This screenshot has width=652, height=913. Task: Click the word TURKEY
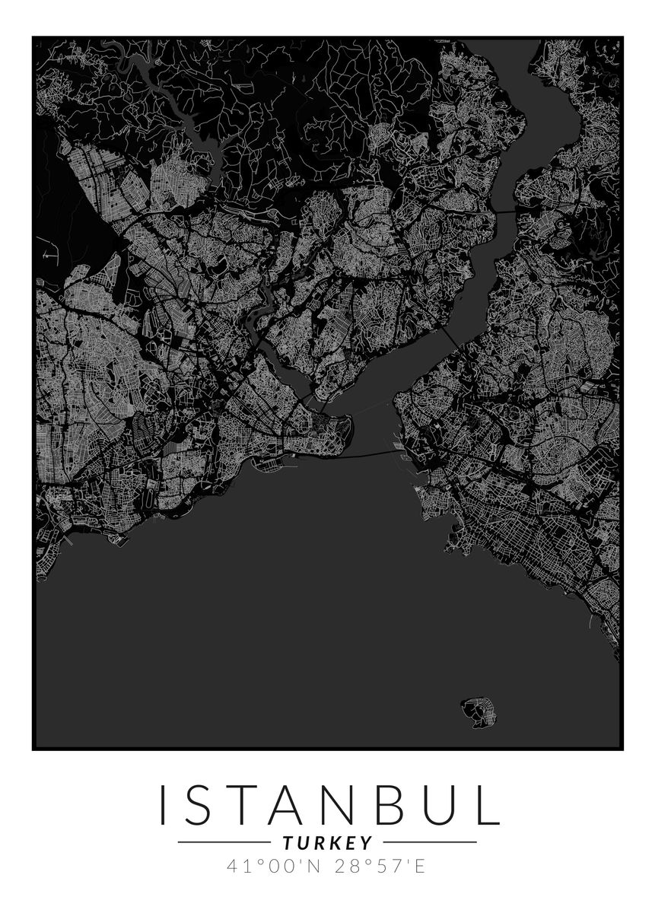(327, 843)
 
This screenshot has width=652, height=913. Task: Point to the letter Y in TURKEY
(367, 843)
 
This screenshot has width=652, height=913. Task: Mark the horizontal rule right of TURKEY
(430, 842)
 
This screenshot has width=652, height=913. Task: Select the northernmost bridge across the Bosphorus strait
(504, 210)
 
